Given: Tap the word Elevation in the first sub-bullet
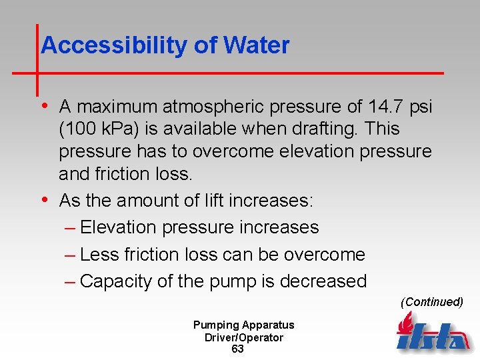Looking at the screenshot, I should (x=118, y=227).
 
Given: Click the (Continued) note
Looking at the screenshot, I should (x=431, y=302).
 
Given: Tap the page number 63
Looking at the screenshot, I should (x=237, y=349).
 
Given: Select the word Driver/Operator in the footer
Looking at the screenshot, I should (x=244, y=337).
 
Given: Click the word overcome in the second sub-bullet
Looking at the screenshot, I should (x=325, y=255).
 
